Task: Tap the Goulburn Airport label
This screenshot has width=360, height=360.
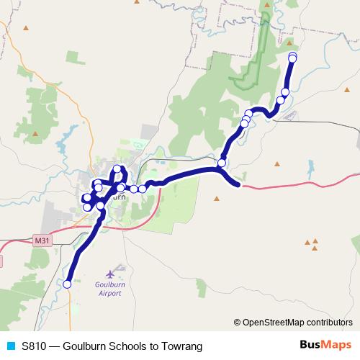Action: click(110, 289)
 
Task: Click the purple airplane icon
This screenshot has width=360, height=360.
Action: click(110, 274)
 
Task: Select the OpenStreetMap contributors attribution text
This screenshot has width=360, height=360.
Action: click(297, 323)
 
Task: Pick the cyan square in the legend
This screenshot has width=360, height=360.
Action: click(9, 346)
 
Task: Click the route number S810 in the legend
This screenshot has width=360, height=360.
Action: click(34, 346)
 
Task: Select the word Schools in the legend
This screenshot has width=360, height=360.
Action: click(114, 346)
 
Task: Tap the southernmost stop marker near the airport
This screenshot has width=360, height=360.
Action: click(67, 284)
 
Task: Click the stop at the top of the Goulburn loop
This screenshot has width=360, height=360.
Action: click(117, 170)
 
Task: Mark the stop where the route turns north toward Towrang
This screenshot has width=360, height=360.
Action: click(222, 163)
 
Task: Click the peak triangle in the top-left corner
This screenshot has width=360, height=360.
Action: click(27, 28)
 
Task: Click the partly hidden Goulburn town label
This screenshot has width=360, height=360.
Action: click(119, 196)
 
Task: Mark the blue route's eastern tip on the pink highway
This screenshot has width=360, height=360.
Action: click(238, 185)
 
